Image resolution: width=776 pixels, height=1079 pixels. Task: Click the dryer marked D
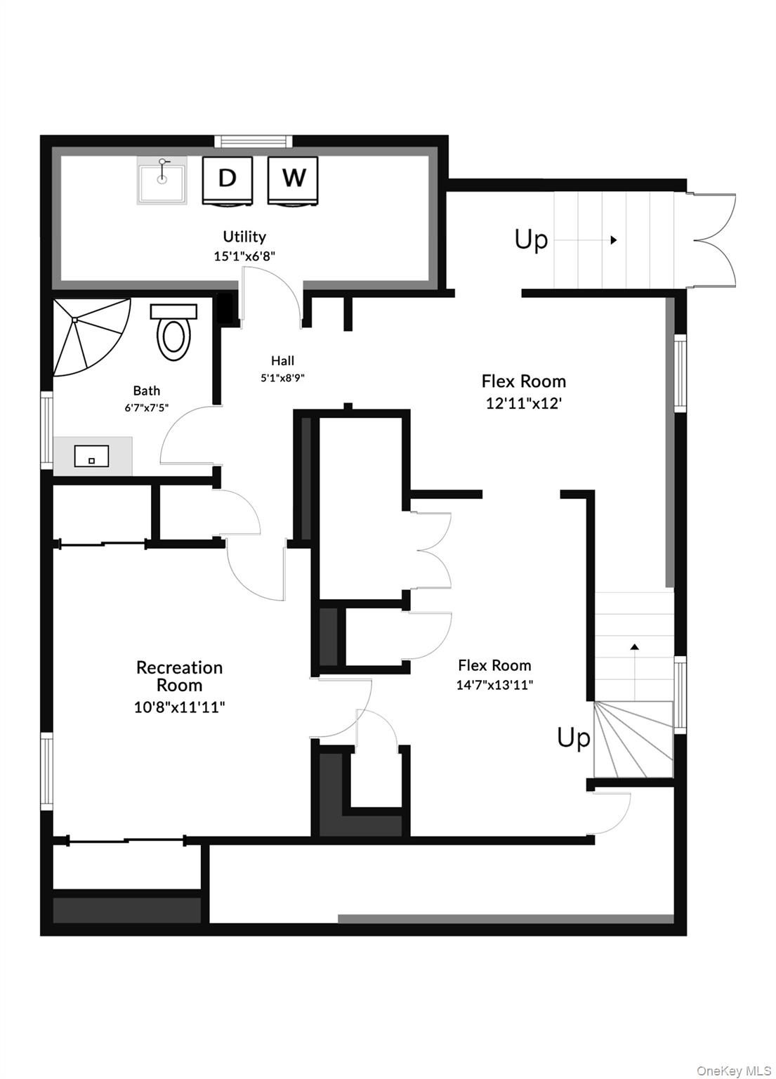coord(227,179)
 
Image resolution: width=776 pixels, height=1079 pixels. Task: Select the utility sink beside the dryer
coord(162,181)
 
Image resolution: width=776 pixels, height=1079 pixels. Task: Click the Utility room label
coord(244,237)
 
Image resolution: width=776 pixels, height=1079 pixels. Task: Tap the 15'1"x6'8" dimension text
coord(244,256)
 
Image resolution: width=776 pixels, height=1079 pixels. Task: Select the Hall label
coord(282,361)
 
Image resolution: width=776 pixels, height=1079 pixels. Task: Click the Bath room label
coord(147,391)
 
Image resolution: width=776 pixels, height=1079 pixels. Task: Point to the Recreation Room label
coord(179,676)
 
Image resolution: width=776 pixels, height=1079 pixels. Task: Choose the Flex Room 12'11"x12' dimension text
coord(524,404)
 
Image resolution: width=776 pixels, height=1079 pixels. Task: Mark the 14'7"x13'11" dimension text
coord(494,685)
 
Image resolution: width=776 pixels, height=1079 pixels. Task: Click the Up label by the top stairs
coord(531,240)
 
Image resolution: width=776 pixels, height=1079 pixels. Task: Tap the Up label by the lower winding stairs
coord(574,738)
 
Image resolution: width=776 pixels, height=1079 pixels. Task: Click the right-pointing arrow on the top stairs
coord(613,240)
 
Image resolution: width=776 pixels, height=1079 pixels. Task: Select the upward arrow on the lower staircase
coord(635,646)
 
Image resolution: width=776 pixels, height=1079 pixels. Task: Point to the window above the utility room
coord(253,141)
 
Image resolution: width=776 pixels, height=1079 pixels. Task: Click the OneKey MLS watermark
coord(734,1071)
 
